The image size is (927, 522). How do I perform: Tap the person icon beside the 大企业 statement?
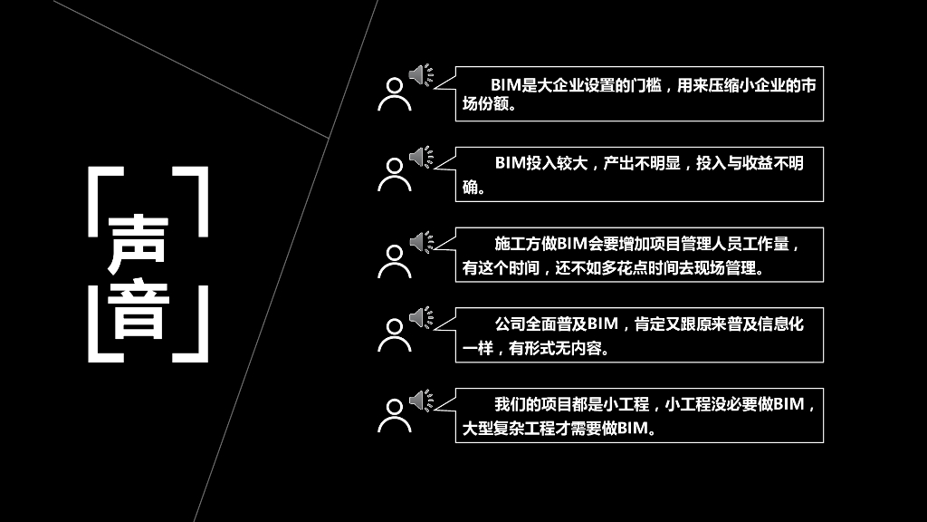[394, 93]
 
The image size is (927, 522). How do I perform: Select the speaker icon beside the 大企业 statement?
[420, 75]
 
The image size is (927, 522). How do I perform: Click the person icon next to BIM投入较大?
[394, 174]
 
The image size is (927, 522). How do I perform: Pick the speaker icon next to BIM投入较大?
[420, 158]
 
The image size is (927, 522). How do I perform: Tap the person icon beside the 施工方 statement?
[394, 260]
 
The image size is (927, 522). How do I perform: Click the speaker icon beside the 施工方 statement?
[420, 242]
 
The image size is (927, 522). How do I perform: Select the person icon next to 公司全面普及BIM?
[394, 334]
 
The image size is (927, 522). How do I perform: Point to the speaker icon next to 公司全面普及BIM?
[420, 317]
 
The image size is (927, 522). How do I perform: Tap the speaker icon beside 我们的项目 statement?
[420, 399]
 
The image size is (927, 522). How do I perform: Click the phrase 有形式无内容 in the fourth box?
[560, 348]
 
